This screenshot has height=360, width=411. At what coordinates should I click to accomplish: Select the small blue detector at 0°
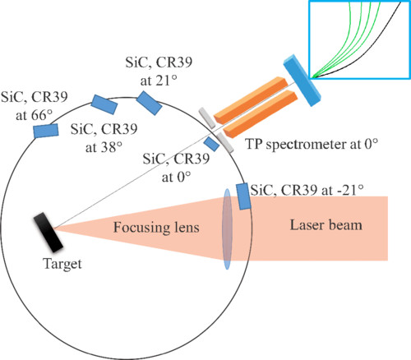(211, 144)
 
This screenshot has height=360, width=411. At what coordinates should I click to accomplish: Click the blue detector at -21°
(244, 196)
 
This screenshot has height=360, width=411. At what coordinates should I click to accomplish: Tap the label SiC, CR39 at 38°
(103, 138)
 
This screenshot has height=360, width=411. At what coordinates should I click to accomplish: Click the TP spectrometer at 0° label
(312, 144)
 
